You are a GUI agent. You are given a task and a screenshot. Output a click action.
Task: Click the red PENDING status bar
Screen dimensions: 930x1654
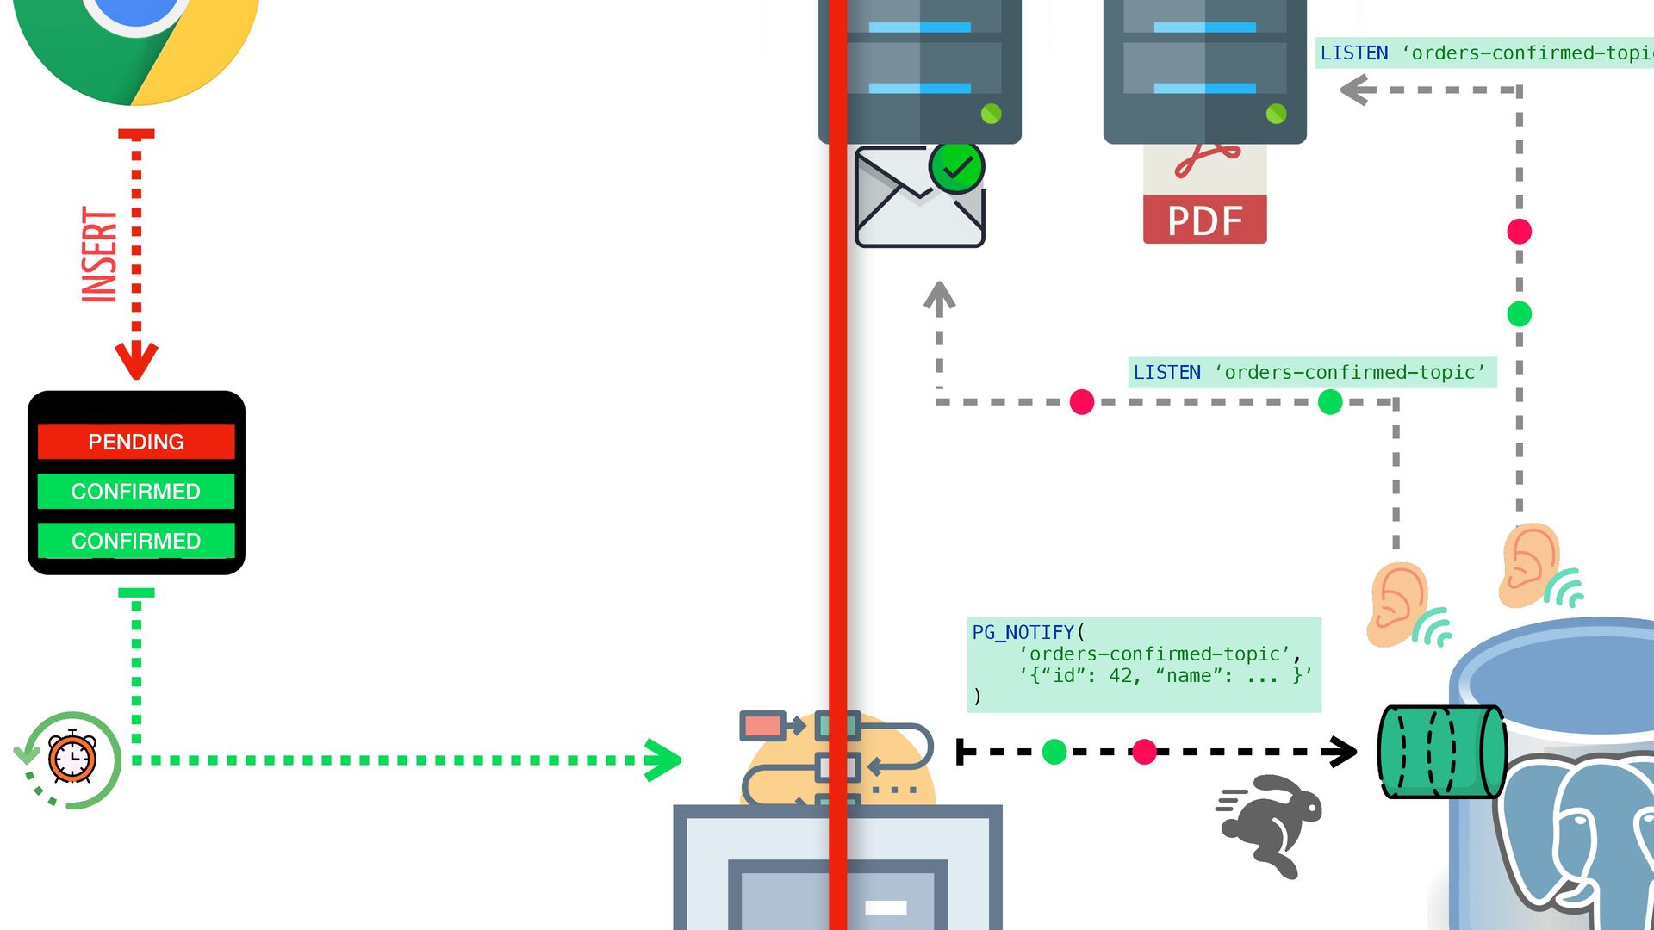[x=136, y=442]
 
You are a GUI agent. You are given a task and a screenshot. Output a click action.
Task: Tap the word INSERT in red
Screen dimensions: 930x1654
[x=100, y=255]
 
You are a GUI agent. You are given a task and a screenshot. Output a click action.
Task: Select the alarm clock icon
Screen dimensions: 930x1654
[x=72, y=758]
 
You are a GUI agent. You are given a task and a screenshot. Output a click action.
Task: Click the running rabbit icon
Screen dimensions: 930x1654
[x=1272, y=823]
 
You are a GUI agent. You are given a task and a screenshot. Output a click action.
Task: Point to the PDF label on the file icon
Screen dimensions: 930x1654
[x=1204, y=220]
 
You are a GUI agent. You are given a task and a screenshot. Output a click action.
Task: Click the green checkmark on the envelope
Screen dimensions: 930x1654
[x=957, y=167]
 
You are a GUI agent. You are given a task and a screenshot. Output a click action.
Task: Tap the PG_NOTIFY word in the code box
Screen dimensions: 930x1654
[x=1023, y=633]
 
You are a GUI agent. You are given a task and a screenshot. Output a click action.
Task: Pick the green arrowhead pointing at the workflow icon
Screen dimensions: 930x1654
[x=662, y=760]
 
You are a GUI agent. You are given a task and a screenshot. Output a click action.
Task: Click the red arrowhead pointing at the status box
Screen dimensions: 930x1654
[x=136, y=360]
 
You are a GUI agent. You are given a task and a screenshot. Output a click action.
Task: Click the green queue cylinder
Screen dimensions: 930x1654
[x=1441, y=752]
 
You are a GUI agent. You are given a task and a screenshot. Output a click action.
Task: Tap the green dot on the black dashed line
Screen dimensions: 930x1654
[x=1054, y=752]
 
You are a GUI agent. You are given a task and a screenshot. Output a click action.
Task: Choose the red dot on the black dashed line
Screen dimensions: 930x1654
[x=1144, y=752]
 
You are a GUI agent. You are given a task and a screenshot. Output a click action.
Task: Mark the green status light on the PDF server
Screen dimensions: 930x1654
[x=1276, y=114]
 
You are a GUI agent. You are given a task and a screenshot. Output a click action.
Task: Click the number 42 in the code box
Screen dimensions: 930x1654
[x=1120, y=676]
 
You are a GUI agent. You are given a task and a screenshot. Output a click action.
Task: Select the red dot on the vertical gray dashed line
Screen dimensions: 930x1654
[x=1519, y=232]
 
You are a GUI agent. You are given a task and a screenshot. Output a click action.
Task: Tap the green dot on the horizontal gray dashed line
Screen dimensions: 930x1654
[x=1330, y=402]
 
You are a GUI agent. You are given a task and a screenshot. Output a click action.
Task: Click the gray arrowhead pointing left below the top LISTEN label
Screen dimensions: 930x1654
[x=1358, y=90]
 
